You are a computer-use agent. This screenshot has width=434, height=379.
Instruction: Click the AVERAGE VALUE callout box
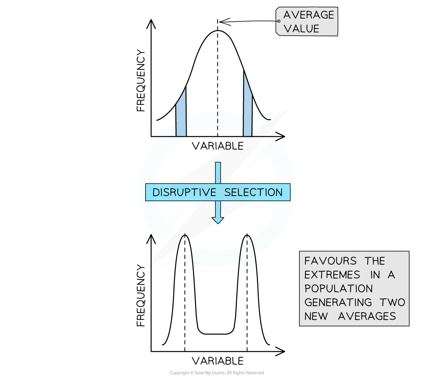[307, 21]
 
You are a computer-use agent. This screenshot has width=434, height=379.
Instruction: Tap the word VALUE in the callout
[301, 28]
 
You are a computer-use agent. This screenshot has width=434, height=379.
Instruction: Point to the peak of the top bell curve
[217, 30]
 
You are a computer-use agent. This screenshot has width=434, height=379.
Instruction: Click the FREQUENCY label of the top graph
[141, 81]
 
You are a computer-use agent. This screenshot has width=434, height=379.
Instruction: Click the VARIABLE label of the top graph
[217, 146]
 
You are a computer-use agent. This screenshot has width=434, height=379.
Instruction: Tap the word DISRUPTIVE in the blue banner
[184, 192]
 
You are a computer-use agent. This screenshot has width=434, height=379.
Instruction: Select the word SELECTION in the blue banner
[253, 192]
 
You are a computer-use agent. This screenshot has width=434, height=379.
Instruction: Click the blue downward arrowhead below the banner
[218, 220]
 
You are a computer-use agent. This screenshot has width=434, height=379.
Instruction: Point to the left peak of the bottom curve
[185, 236]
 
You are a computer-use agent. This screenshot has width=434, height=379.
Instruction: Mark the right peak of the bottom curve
[247, 236]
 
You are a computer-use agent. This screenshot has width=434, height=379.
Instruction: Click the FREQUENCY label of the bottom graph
[141, 296]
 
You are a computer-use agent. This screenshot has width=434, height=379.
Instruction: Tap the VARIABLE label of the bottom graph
[217, 361]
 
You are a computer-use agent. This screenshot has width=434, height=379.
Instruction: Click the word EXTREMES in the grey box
[332, 275]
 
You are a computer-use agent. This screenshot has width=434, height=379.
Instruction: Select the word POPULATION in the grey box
[339, 288]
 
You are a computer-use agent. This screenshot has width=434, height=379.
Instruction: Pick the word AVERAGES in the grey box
[367, 316]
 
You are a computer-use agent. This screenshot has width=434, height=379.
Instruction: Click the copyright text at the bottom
[217, 373]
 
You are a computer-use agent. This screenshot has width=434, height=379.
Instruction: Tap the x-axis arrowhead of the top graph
[281, 136]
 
